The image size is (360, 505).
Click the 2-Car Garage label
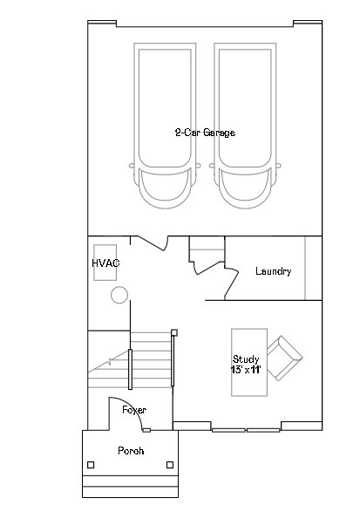(205, 133)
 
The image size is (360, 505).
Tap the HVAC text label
(105, 263)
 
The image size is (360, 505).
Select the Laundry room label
(274, 271)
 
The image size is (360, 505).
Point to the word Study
(246, 359)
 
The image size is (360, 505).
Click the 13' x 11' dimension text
(246, 370)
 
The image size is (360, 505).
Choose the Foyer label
(134, 410)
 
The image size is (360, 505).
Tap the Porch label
(131, 451)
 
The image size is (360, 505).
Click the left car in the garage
(165, 126)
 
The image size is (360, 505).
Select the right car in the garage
(245, 126)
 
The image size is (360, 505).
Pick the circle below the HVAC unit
(119, 295)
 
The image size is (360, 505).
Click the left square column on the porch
(91, 465)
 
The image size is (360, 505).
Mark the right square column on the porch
(170, 465)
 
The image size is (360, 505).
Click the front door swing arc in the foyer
(133, 406)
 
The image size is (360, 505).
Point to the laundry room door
(232, 282)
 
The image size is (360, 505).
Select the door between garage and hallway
(153, 243)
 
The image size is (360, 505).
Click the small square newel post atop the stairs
(174, 332)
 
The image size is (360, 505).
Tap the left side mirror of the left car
(132, 166)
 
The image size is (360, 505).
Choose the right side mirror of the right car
(278, 166)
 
